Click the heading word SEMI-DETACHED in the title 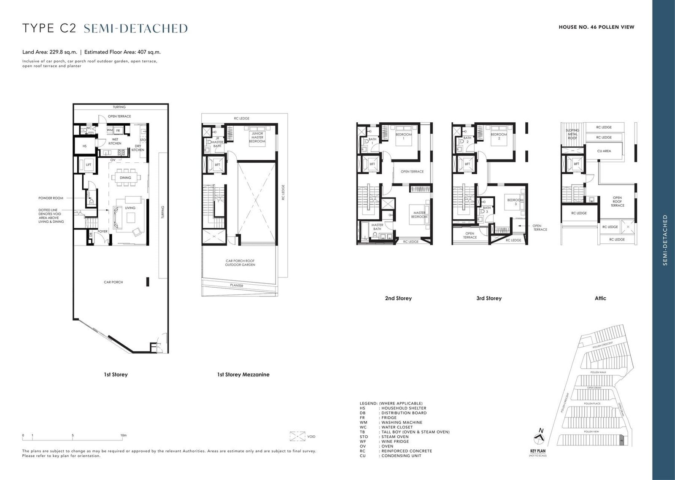(136, 28)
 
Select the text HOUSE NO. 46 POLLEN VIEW (596, 27)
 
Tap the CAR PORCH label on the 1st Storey (113, 282)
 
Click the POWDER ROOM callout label (51, 198)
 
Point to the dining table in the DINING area (125, 178)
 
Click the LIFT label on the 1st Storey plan (89, 164)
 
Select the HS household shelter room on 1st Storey (84, 146)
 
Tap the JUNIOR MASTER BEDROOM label (257, 138)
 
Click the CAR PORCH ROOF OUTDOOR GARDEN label (240, 263)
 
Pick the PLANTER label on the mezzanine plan (237, 286)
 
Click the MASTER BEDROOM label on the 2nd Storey (419, 215)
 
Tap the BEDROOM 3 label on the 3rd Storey (515, 202)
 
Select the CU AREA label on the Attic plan (604, 151)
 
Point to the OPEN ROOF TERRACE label (617, 201)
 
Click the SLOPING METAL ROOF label (572, 134)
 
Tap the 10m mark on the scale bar (123, 435)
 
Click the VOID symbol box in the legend (298, 436)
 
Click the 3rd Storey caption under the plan (489, 298)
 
